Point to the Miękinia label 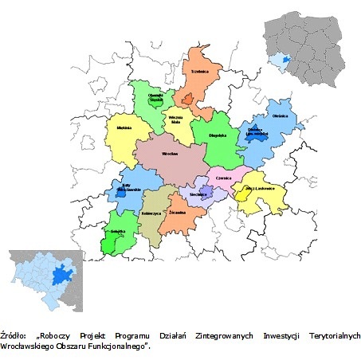(124, 127)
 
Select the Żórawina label (178, 213)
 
